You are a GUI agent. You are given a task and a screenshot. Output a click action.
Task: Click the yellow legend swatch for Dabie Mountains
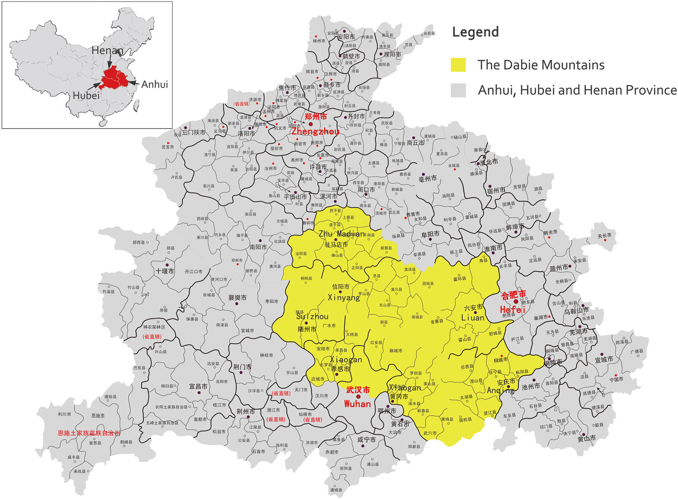pos(458,65)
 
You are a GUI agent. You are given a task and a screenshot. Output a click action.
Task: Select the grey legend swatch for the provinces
pos(458,90)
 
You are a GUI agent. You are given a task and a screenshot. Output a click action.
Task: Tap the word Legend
pos(475,32)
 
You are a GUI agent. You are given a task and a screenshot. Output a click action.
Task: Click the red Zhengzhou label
pos(315,131)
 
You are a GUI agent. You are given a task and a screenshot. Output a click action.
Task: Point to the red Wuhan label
pos(357,404)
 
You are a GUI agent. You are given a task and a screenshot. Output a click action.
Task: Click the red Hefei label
pos(512,309)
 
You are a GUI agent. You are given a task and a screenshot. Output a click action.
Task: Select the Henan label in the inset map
pos(107,50)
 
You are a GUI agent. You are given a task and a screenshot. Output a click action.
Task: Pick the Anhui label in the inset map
pos(155,84)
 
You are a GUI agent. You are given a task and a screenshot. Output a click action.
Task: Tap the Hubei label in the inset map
pos(86,96)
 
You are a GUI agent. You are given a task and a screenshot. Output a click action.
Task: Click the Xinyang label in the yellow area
pos(344,297)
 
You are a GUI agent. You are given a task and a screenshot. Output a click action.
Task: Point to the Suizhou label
pos(312,316)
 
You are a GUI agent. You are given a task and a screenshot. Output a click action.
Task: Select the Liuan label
pos(473,317)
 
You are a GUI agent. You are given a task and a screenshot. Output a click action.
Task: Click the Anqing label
pos(500,390)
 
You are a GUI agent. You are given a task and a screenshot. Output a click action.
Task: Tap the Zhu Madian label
pos(341,234)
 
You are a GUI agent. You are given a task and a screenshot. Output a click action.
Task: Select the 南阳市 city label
pos(258,247)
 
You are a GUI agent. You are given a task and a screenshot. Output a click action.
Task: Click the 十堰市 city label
pos(165,271)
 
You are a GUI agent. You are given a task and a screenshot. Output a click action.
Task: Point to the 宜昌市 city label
pos(198,387)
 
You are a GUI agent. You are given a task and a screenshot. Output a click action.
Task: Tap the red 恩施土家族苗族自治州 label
pos(89,433)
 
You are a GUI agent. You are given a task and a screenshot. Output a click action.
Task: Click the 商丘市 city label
pos(415,143)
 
